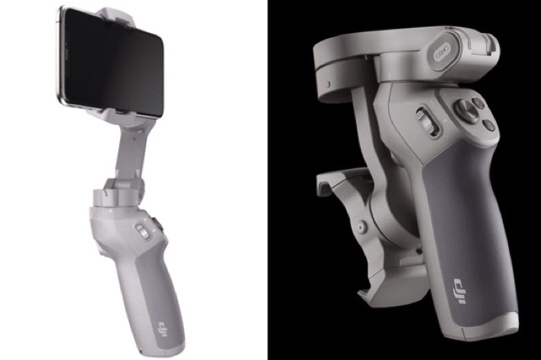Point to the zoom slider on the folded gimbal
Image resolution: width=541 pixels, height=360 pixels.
(426, 120)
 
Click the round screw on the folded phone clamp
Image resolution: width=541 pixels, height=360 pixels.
(363, 226)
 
